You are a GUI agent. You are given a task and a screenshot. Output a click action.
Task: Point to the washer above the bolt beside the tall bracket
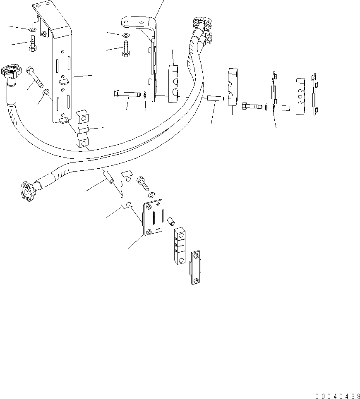(32, 30)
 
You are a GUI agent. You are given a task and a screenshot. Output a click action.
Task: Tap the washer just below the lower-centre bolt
(152, 194)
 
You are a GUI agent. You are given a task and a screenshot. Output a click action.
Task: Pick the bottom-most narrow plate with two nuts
(196, 268)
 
